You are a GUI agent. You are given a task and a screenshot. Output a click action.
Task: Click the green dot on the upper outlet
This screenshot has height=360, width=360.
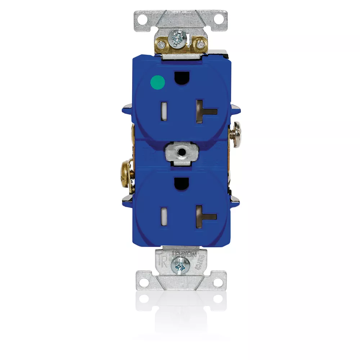[157, 82]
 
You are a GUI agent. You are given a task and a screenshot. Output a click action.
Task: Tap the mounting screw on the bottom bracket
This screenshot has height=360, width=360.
[179, 267]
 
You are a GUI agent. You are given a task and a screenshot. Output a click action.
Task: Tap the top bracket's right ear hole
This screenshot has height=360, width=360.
[219, 17]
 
